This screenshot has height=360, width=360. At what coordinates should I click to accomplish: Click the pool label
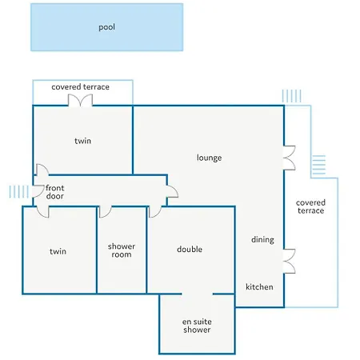pyautogui.click(x=106, y=27)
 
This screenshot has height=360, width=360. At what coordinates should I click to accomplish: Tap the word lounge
pyautogui.click(x=209, y=158)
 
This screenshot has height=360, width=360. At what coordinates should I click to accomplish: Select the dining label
pyautogui.click(x=262, y=240)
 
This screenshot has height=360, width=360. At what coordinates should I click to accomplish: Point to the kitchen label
pyautogui.click(x=259, y=287)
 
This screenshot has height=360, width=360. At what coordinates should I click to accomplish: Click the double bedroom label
pyautogui.click(x=190, y=250)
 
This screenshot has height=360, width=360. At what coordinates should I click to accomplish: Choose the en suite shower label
pyautogui.click(x=197, y=326)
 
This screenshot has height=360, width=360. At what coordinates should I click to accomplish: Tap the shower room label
pyautogui.click(x=122, y=250)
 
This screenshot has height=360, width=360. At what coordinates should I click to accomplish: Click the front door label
pyautogui.click(x=55, y=192)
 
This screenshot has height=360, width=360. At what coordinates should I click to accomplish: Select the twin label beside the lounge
pyautogui.click(x=82, y=141)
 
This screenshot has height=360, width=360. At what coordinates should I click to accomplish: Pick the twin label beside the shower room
pyautogui.click(x=58, y=251)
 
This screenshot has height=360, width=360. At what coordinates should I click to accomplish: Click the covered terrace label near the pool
pyautogui.click(x=80, y=87)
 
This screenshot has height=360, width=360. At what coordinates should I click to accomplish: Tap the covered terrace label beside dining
pyautogui.click(x=310, y=206)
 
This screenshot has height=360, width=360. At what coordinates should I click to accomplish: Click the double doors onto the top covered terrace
pyautogui.click(x=80, y=101)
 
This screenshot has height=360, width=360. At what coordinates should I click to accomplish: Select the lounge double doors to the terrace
pyautogui.click(x=290, y=158)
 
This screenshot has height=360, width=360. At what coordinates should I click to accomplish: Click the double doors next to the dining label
pyautogui.click(x=290, y=261)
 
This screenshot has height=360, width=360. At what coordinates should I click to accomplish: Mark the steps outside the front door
pyautogui.click(x=18, y=192)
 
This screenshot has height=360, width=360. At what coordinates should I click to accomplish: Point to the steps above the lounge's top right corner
pyautogui.click(x=292, y=96)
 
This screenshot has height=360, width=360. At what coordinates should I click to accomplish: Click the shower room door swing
pyautogui.click(x=105, y=212)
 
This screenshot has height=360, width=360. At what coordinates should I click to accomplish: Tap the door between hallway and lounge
pyautogui.click(x=172, y=191)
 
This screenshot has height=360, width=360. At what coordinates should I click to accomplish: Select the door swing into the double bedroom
pyautogui.click(x=155, y=212)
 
